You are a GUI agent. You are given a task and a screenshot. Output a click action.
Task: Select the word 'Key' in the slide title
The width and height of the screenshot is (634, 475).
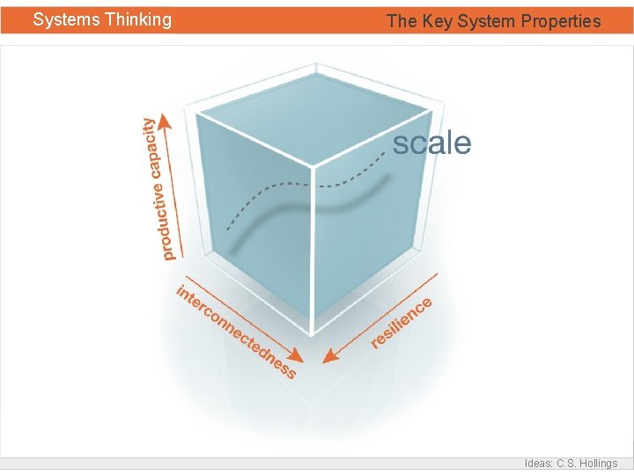click(x=437, y=21)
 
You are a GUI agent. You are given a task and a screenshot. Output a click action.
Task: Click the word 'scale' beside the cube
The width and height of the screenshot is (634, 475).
click(x=431, y=143)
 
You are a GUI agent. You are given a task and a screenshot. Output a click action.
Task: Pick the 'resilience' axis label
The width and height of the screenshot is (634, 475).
click(x=402, y=323)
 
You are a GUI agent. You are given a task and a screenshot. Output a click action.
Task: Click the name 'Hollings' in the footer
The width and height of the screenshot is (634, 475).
click(x=596, y=464)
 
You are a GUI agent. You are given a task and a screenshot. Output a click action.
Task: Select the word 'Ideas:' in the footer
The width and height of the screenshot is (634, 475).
click(x=539, y=464)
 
